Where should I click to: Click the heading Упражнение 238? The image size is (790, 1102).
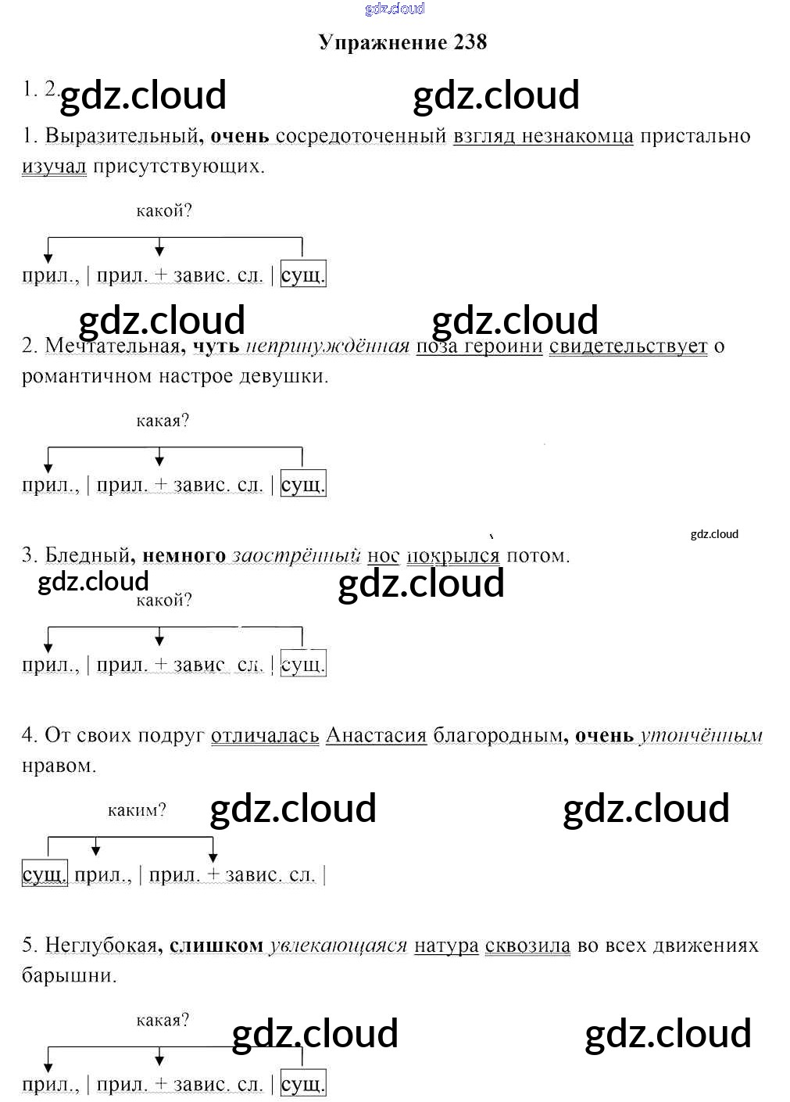(x=402, y=42)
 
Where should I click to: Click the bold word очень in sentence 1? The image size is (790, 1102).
(x=240, y=136)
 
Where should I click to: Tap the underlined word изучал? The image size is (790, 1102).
(x=54, y=167)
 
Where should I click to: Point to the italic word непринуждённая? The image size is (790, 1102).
(x=327, y=346)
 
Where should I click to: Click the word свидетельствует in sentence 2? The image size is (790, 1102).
(x=628, y=346)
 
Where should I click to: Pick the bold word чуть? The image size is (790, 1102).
(x=216, y=346)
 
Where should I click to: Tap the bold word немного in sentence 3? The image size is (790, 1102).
(x=184, y=556)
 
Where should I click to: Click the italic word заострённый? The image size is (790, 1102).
(x=296, y=556)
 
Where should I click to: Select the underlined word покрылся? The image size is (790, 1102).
(x=453, y=556)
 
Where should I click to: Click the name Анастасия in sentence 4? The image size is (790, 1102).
(x=376, y=735)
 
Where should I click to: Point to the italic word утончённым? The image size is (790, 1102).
(x=701, y=735)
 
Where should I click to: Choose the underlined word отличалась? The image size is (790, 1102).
(x=265, y=735)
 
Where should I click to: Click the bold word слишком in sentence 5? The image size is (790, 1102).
(x=216, y=946)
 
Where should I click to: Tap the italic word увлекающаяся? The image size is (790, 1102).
(x=338, y=946)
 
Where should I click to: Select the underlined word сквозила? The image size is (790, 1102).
(x=527, y=946)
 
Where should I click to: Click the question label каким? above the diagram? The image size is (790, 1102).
(x=137, y=810)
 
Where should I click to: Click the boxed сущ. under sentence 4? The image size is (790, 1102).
(x=45, y=874)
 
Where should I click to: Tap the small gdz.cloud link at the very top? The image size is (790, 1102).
(x=395, y=9)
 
